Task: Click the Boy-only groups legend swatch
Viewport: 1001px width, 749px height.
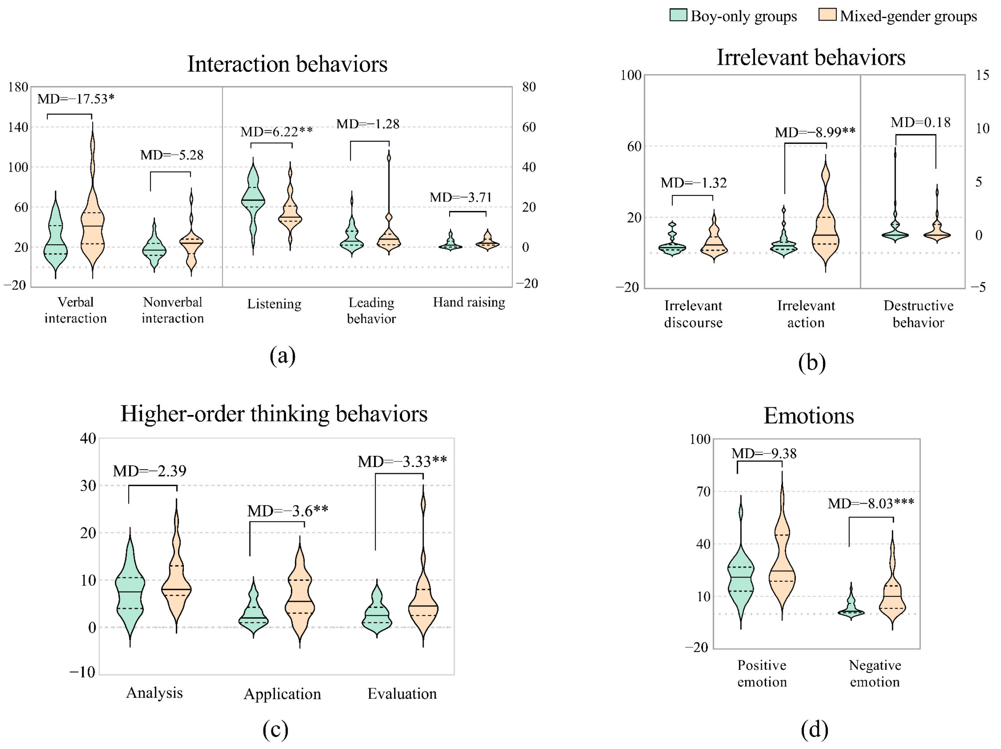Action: click(678, 15)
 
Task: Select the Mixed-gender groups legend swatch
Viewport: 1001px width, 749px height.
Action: click(827, 15)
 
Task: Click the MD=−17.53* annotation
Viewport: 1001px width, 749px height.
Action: click(76, 99)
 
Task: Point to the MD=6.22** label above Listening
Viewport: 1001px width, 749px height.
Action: click(276, 132)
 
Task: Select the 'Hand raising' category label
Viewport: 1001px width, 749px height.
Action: click(469, 302)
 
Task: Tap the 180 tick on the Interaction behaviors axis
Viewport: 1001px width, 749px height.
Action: click(18, 87)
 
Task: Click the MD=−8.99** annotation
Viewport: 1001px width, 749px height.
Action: click(815, 132)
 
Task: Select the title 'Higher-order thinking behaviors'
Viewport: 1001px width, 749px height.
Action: click(274, 414)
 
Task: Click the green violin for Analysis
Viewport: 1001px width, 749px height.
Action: click(130, 588)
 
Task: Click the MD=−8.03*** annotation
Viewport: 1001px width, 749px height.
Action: click(871, 503)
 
